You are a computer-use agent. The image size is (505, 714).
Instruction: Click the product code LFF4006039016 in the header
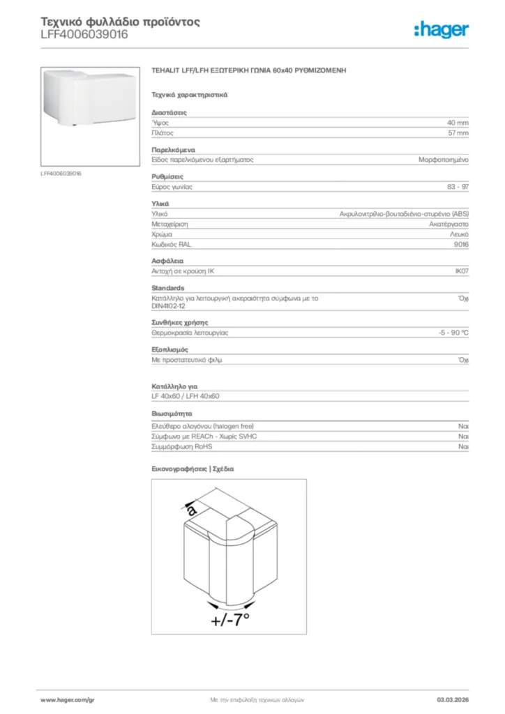pos(84,34)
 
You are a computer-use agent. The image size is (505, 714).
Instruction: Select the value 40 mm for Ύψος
pos(458,122)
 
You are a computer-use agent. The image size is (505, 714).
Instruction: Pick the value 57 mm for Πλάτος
pos(458,132)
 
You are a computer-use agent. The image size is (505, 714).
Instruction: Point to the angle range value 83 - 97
pos(458,187)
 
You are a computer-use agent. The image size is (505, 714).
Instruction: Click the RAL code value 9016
pos(461,245)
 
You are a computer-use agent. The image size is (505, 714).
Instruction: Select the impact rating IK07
pos(461,272)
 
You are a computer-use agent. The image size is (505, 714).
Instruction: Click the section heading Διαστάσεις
pos(169,112)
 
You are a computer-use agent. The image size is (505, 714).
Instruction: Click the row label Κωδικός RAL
pos(171,245)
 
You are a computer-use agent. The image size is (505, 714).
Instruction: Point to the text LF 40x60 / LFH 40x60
pos(186,396)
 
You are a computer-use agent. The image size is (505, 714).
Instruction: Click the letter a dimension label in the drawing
pos(192,510)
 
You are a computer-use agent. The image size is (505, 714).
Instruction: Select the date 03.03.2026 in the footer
pos(452,699)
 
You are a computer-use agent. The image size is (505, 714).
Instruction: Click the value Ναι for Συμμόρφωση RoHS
pos(462,446)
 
